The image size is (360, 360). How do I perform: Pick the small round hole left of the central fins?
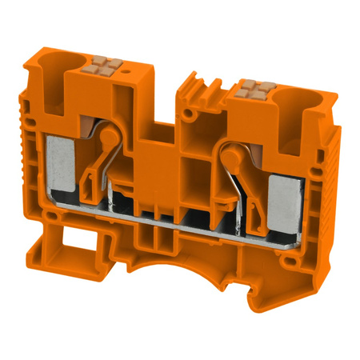(x=187, y=114)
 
